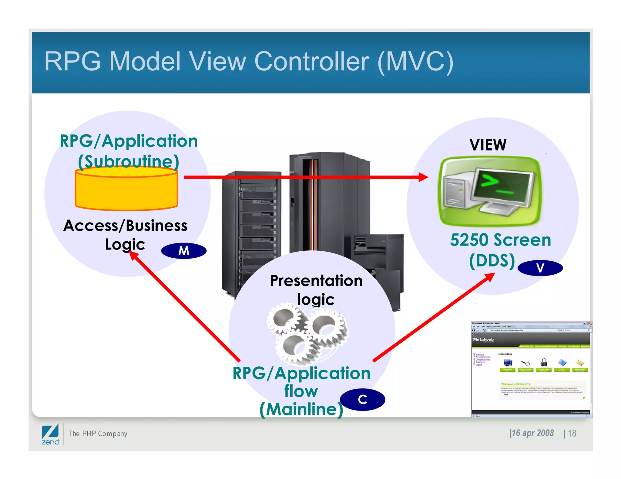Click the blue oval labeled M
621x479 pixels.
tap(184, 251)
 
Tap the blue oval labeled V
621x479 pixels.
tap(540, 268)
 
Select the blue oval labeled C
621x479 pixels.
tap(362, 399)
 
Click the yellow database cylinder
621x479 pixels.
tap(126, 190)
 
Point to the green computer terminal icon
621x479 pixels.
tap(489, 191)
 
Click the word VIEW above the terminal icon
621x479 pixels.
tap(488, 145)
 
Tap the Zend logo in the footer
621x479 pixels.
tap(50, 434)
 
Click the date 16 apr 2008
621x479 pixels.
tap(532, 433)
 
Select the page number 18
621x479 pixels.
tap(572, 433)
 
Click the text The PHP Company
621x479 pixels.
tap(98, 434)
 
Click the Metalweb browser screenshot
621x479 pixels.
tap(531, 369)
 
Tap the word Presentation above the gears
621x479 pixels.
tap(316, 281)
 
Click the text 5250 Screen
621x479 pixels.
tap(500, 240)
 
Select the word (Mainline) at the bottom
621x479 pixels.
tap(301, 409)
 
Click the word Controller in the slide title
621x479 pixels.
tap(312, 61)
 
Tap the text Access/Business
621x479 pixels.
tap(125, 226)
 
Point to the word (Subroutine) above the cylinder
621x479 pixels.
tap(129, 161)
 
